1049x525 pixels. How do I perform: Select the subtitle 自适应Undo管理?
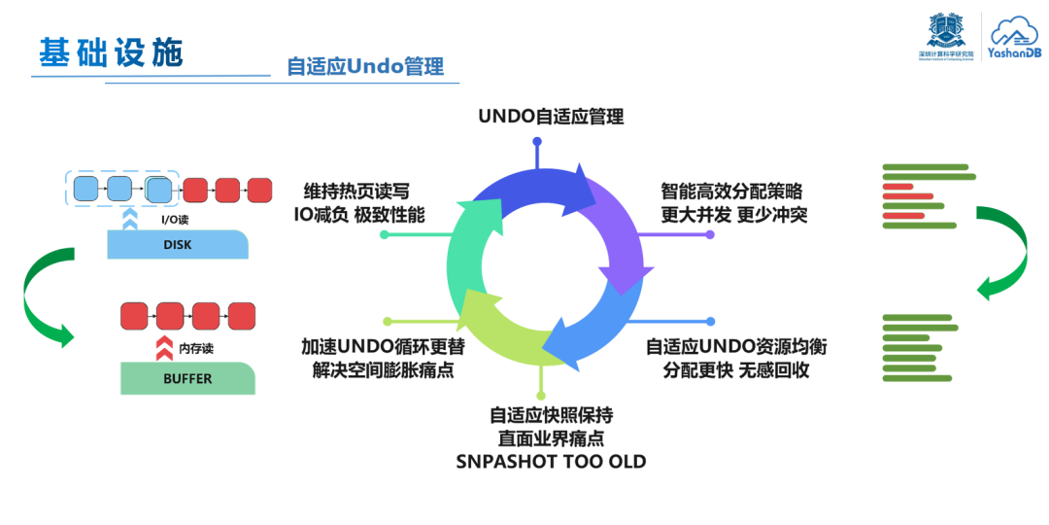click(364, 66)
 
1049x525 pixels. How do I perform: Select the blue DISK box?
click(177, 245)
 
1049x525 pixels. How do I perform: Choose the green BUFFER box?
click(187, 378)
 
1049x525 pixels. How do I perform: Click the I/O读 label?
click(175, 220)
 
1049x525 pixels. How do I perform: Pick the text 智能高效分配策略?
click(731, 192)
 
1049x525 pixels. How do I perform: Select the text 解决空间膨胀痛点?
click(383, 369)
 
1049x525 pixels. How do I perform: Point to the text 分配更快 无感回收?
click(736, 369)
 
